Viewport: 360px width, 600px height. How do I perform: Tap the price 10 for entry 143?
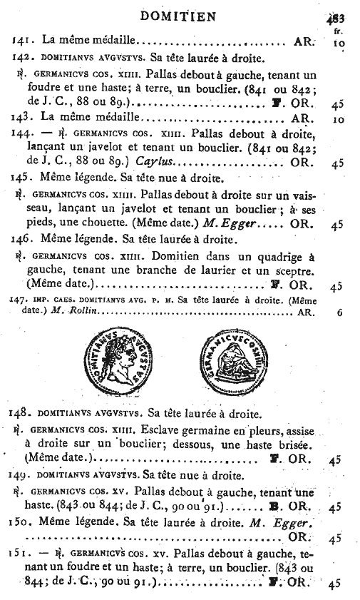338,119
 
